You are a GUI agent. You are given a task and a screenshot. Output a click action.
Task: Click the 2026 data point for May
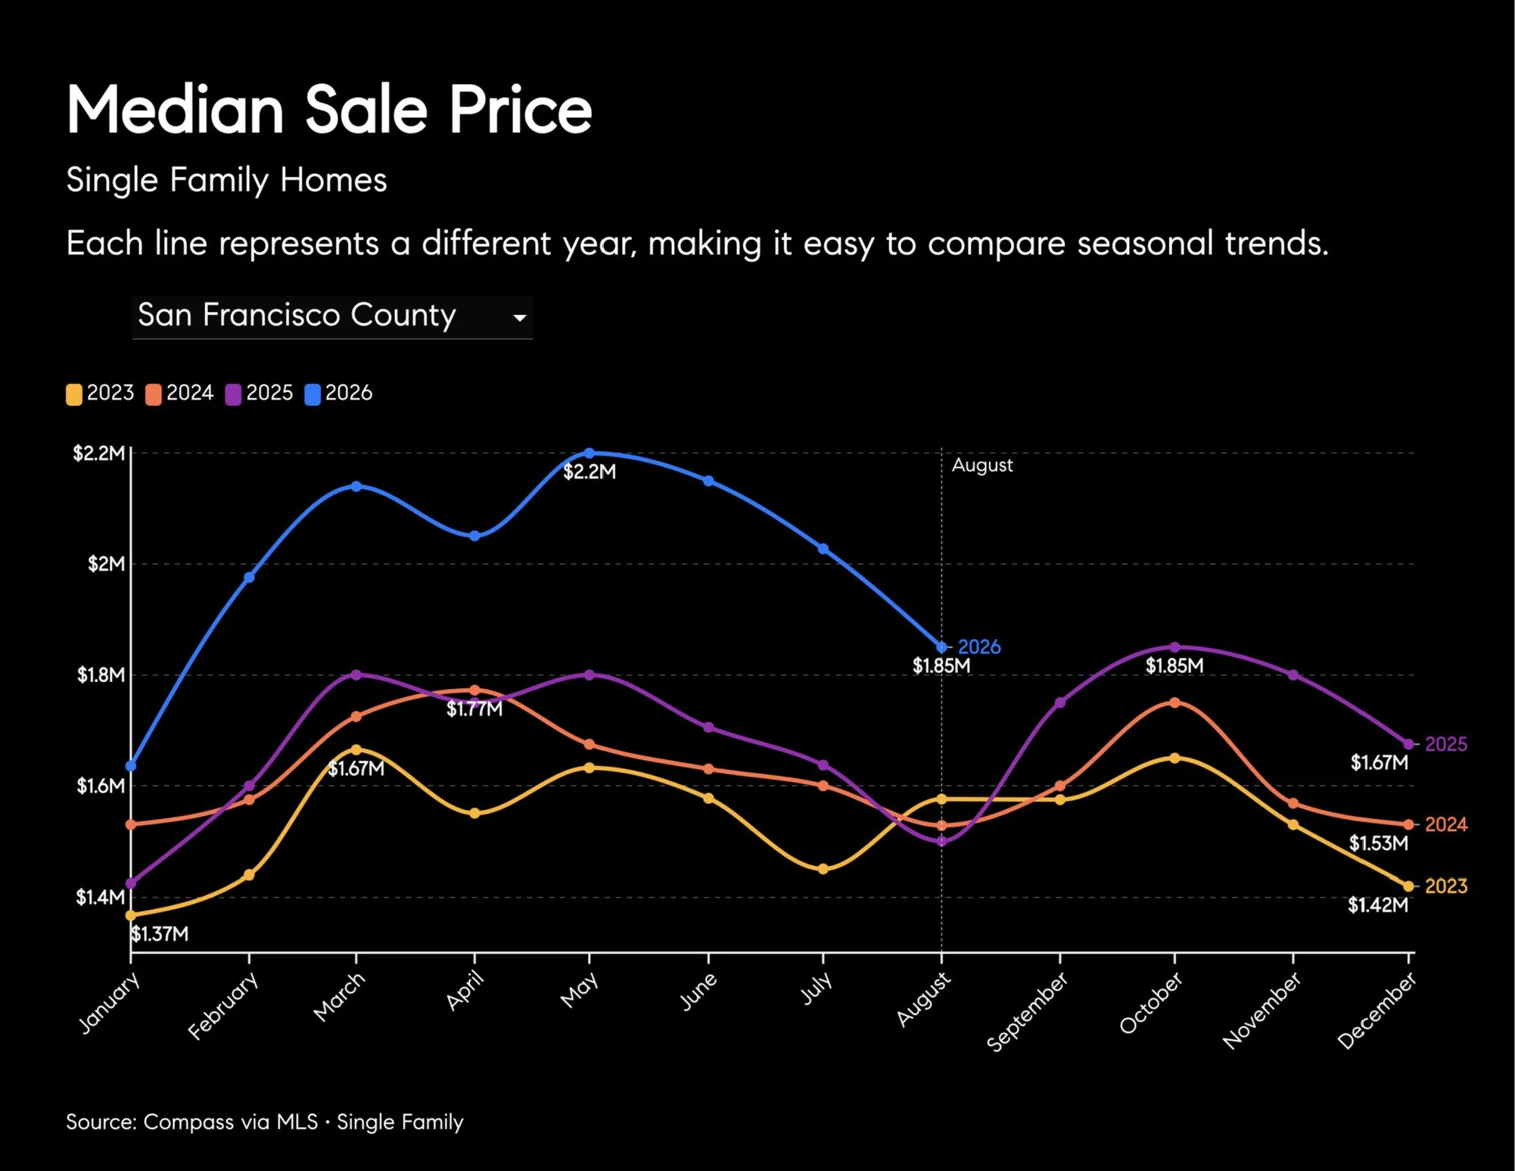(590, 453)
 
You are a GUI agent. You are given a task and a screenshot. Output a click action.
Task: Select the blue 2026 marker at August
(941, 647)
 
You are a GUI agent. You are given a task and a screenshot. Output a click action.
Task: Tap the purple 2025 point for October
(1174, 647)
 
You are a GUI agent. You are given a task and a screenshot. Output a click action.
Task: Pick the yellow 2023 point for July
(823, 869)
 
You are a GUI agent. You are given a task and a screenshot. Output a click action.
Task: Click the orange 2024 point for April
(474, 690)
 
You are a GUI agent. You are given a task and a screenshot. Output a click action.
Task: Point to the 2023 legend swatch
(74, 394)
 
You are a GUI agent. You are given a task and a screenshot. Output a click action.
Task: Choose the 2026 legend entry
(339, 394)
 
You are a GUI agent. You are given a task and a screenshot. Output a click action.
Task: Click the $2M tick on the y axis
(106, 564)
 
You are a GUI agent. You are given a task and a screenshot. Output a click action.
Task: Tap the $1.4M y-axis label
(100, 897)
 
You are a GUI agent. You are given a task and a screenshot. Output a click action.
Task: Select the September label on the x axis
(1028, 1012)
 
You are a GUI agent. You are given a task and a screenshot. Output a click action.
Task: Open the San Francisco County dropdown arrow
(520, 318)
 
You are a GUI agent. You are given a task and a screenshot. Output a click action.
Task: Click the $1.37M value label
(160, 934)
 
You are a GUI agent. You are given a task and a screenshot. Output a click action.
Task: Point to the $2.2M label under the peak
(590, 472)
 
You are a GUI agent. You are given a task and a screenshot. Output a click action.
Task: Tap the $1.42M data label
(1378, 905)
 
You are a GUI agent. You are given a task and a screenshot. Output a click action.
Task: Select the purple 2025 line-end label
(1446, 744)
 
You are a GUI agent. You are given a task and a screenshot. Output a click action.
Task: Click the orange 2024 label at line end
(1446, 824)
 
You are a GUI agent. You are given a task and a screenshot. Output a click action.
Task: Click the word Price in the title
(521, 110)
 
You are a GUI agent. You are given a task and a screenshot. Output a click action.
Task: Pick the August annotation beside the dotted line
(982, 466)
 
